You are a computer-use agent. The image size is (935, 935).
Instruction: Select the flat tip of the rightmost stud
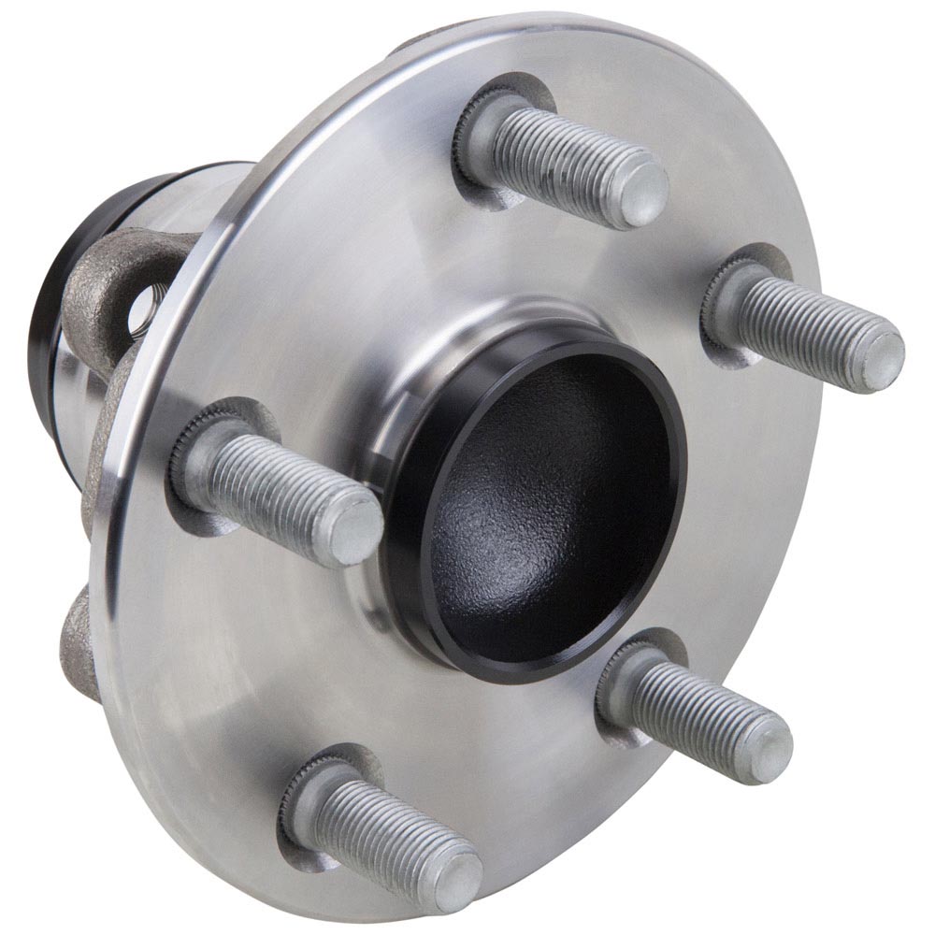coord(880,360)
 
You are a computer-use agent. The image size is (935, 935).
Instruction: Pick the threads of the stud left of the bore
coord(271,486)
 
